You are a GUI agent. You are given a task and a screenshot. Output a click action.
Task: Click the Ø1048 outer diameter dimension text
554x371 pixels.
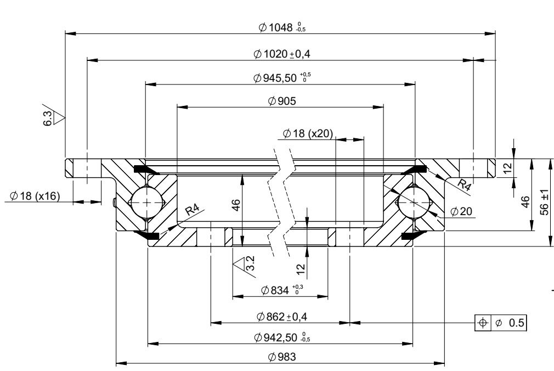tap(282, 27)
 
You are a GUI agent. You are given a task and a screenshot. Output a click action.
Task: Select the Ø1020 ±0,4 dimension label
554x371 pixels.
tap(282, 54)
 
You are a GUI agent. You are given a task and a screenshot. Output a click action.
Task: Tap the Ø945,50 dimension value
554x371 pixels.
tap(282, 78)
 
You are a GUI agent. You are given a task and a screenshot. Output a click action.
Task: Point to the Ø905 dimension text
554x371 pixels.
tap(282, 101)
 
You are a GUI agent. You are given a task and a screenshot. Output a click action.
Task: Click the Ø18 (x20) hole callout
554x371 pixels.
tap(308, 133)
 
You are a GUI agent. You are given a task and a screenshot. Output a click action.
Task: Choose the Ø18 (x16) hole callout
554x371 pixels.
tap(35, 195)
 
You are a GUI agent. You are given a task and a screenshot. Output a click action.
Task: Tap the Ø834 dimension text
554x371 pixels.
tap(282, 290)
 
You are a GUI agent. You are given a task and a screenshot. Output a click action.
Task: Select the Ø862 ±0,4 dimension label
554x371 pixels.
tap(282, 317)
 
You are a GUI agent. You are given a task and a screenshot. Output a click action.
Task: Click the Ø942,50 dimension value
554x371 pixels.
tap(282, 338)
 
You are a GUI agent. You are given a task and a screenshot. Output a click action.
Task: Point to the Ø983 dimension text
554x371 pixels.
tap(282, 357)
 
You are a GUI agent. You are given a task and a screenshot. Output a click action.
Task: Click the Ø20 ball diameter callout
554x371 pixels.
tap(461, 211)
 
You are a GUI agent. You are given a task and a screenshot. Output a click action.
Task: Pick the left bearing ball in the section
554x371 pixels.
tap(146, 202)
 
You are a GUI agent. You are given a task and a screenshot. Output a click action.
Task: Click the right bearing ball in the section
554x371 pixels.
tap(414, 202)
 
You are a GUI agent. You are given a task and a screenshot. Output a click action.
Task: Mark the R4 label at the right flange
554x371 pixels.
tap(464, 184)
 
